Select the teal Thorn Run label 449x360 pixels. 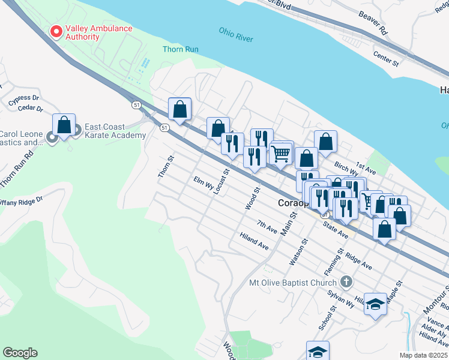tap(180, 49)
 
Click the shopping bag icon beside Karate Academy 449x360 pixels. tap(64, 125)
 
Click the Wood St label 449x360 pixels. tap(252, 198)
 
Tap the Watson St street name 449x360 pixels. tap(298, 251)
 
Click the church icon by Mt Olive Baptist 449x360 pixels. tap(346, 281)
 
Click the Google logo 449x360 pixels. tap(20, 353)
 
